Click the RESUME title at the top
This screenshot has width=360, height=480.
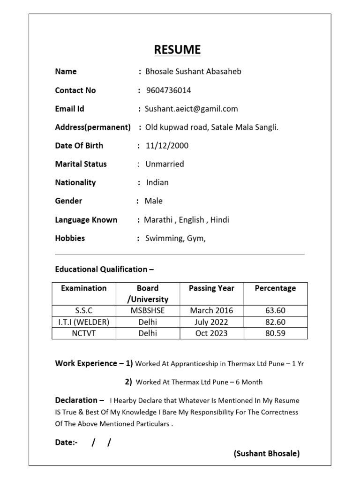point(178,50)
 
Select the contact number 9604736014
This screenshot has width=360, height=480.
point(169,90)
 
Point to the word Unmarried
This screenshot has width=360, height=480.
point(165,164)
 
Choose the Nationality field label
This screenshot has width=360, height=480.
point(75,182)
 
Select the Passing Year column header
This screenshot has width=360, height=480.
point(211,288)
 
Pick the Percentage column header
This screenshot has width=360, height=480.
point(275,288)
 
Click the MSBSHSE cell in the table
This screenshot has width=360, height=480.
point(148,310)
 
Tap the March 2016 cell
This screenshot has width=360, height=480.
point(211,310)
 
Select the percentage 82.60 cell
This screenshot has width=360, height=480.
point(275,322)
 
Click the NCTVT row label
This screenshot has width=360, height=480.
point(84,333)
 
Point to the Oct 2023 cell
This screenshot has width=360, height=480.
point(211,333)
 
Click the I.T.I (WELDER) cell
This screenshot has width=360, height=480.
point(84,322)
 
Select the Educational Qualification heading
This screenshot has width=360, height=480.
point(104,269)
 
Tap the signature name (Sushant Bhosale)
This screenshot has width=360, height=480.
point(267,453)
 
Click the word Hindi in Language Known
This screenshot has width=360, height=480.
point(219,220)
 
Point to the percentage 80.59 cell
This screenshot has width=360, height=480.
point(275,333)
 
